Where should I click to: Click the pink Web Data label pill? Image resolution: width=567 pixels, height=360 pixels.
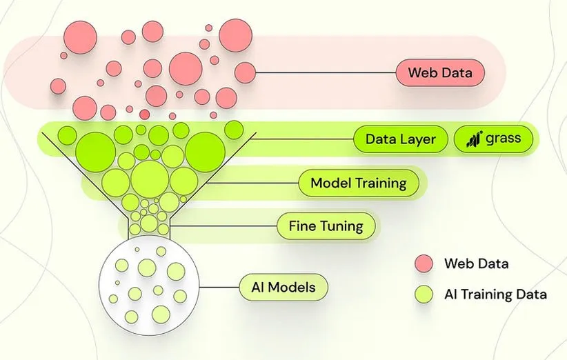point(440,72)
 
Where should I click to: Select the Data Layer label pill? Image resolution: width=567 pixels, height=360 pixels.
point(400,139)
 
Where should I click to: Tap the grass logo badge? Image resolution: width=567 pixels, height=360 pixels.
point(494,139)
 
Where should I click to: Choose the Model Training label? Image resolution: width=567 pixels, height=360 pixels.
point(358,183)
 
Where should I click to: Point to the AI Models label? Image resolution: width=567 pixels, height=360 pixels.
point(283,286)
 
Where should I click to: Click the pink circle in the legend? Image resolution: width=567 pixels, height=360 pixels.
point(424,263)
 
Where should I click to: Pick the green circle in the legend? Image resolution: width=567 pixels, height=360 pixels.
point(424,294)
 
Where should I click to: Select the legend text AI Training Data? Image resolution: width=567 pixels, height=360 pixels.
point(495,294)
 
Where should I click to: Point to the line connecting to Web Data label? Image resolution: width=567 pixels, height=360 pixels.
point(324,72)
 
